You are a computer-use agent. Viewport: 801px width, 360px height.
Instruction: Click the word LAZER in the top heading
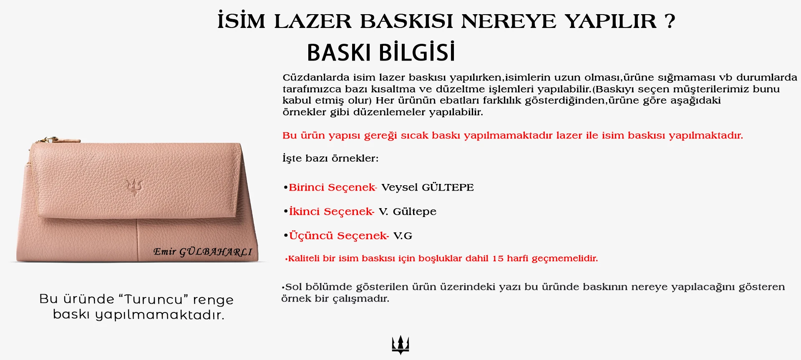(x=313, y=21)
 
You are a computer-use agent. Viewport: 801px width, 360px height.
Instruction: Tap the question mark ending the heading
(x=670, y=21)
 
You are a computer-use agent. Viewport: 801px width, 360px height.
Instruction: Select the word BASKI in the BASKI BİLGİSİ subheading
(x=339, y=53)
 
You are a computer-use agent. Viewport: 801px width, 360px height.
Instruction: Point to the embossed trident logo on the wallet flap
(x=134, y=187)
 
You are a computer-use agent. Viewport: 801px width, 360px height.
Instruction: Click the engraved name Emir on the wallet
(x=164, y=251)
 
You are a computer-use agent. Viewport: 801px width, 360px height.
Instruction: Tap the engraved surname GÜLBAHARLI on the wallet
(x=216, y=252)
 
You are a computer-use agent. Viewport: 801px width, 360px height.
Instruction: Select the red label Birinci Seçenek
(x=332, y=187)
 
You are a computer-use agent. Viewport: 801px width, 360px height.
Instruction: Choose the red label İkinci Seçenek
(x=331, y=211)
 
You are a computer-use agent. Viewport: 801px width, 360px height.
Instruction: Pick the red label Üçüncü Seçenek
(x=339, y=236)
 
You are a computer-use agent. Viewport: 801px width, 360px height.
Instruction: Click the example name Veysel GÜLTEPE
(x=428, y=187)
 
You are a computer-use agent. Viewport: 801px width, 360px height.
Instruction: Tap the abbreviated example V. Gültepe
(x=408, y=211)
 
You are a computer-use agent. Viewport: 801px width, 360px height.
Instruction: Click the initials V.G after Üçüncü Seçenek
(x=403, y=236)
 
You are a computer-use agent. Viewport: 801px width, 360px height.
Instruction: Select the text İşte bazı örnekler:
(x=330, y=158)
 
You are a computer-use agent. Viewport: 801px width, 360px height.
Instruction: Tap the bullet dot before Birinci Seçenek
(x=285, y=188)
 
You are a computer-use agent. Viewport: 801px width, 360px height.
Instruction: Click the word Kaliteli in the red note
(x=304, y=259)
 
